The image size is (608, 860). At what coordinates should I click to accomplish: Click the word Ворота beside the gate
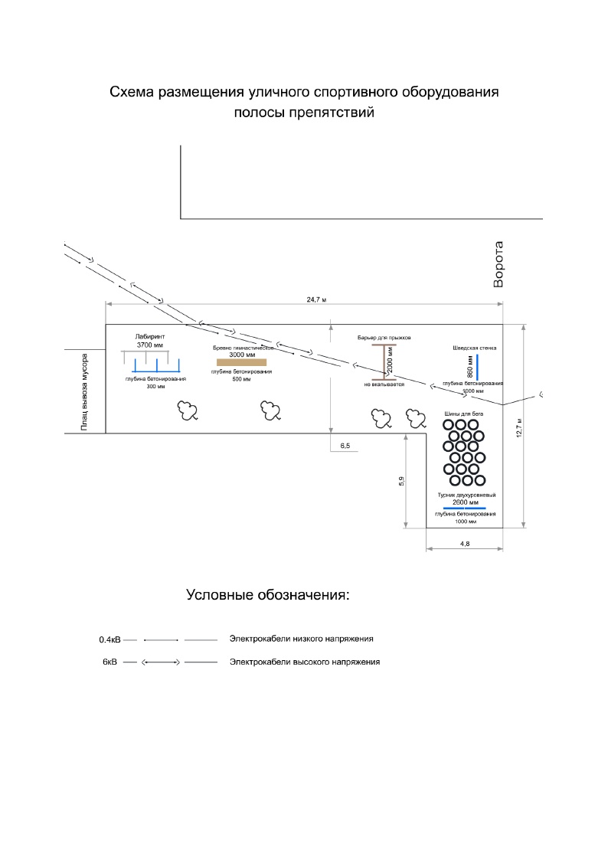[x=498, y=265]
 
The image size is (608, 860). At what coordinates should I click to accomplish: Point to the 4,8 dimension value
[x=464, y=543]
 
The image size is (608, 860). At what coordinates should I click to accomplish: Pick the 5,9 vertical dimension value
[x=401, y=481]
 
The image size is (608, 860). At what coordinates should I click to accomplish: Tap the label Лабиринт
[x=150, y=336]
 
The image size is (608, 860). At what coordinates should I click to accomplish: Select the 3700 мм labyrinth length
[x=150, y=345]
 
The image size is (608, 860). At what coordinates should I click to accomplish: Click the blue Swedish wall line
[x=478, y=367]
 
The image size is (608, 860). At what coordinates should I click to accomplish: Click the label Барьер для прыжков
[x=384, y=337]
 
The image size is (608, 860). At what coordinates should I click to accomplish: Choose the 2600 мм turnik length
[x=466, y=502]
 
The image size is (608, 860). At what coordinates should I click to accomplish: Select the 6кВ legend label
[x=110, y=661]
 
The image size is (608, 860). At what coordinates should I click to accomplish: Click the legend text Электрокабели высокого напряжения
[x=305, y=661]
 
